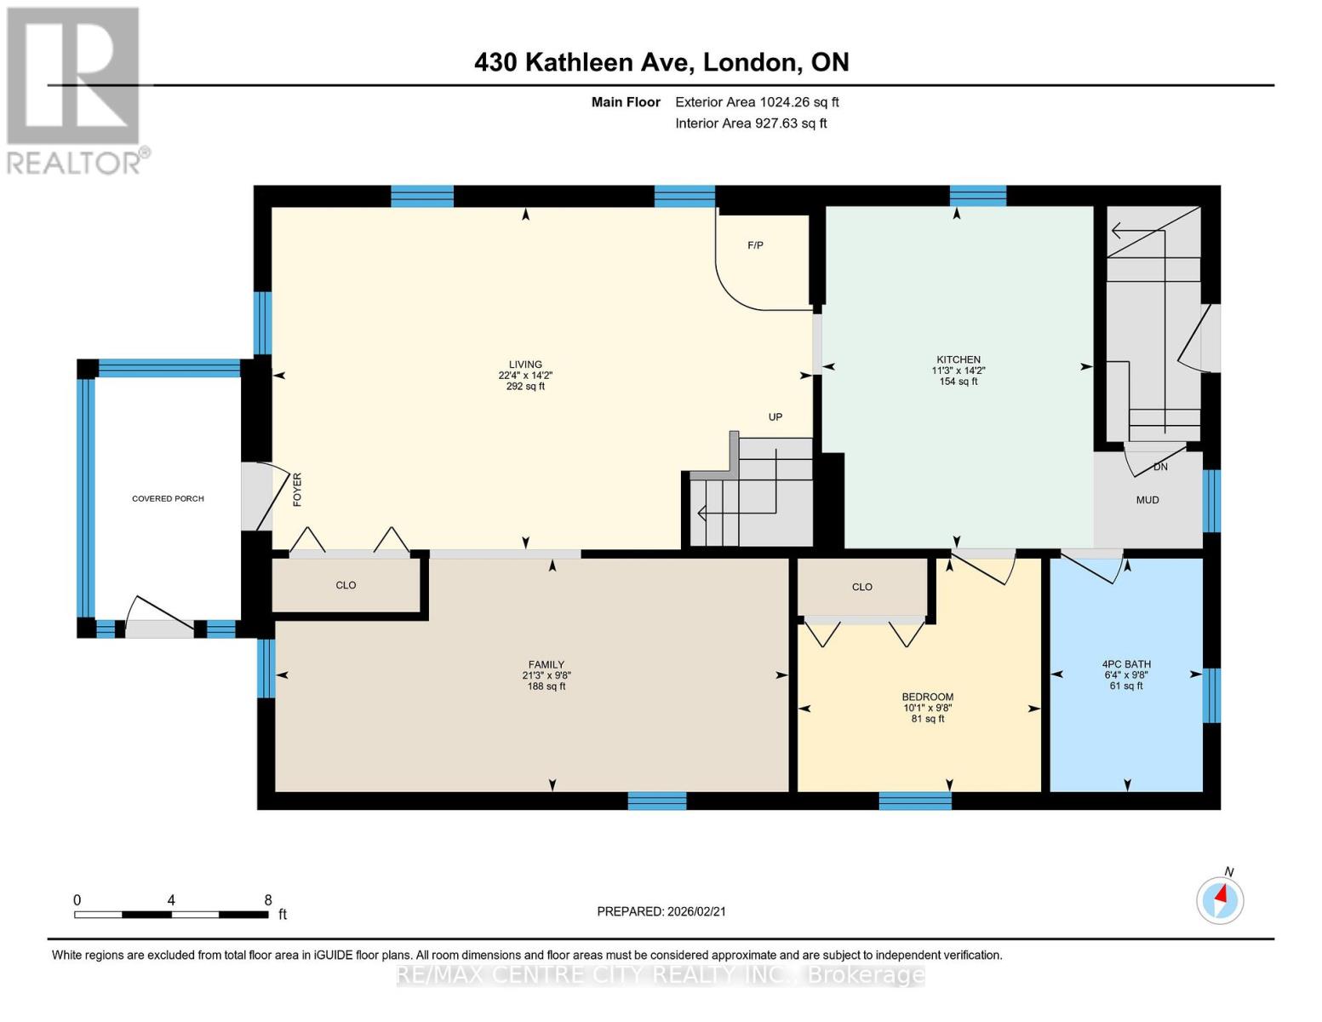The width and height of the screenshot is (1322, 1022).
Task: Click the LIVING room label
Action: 525,365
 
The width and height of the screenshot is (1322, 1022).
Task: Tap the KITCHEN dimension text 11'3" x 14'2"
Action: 958,370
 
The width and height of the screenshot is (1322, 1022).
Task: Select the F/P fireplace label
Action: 755,245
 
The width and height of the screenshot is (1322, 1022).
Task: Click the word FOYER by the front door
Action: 297,490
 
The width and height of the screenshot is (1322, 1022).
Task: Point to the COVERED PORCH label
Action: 168,498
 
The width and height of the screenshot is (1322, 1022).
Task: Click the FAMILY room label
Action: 546,665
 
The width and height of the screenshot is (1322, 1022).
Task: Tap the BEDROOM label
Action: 928,697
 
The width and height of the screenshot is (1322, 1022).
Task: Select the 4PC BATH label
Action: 1125,664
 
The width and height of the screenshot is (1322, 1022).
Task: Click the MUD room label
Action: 1147,500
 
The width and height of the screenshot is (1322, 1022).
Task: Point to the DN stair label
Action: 1160,467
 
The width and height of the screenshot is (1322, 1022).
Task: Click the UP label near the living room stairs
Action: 775,417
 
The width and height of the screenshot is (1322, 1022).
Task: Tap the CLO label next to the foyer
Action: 346,585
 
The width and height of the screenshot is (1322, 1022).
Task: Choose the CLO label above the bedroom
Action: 861,587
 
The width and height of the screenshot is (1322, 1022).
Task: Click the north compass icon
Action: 1220,899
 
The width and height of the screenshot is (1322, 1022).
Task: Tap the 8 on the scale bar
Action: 268,900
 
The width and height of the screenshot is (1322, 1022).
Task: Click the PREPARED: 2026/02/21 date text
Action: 661,911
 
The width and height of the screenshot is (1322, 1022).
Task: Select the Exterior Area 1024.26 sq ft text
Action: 757,102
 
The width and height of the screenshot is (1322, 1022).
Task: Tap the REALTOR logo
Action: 75,89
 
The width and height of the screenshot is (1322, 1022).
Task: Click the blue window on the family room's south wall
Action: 656,801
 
